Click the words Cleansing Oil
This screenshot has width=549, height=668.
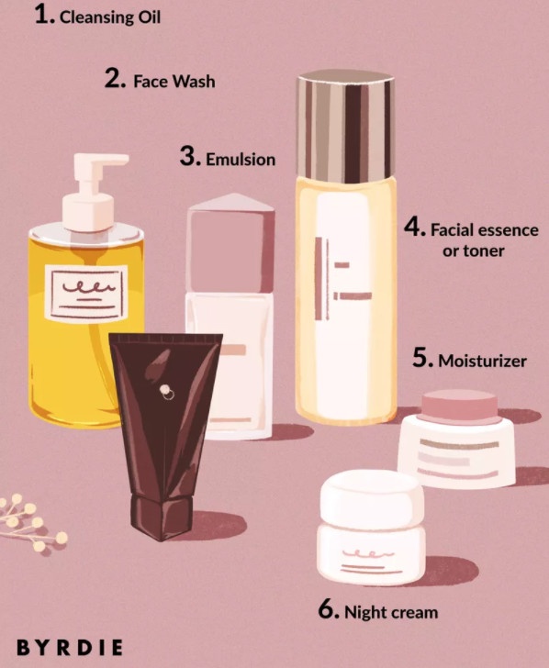coord(110,17)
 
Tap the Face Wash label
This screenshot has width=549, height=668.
coord(174,81)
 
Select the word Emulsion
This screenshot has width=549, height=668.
coord(241,160)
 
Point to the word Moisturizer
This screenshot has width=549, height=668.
coord(483,362)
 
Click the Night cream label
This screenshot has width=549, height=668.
coord(391,612)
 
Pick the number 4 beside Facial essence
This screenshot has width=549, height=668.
coord(413,227)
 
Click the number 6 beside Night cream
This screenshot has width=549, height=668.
coord(328,609)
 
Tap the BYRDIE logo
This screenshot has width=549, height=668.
coord(70,648)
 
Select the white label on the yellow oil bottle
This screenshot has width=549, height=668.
coord(86,293)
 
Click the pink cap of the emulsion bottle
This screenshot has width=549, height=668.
coord(230,243)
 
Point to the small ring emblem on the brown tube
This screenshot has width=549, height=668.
coord(166,392)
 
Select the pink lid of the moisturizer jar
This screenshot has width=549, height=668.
coord(459,407)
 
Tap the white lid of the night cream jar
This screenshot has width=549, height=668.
coord(372,499)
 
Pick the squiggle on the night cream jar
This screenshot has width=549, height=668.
coord(369,554)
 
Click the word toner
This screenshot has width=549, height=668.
coord(473,250)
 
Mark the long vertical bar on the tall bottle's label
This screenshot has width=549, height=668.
coord(319,279)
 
